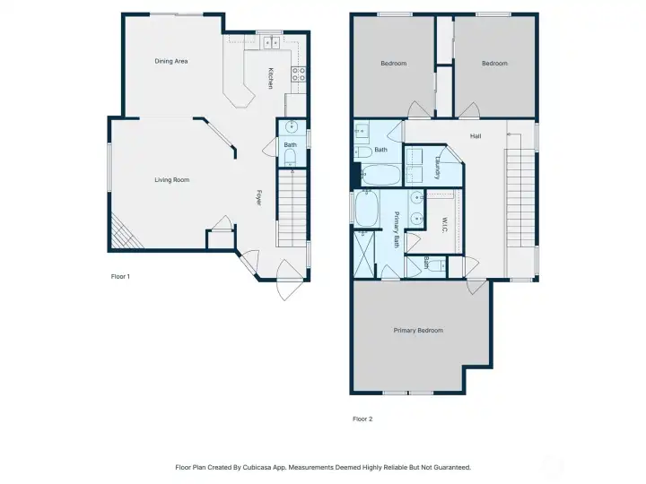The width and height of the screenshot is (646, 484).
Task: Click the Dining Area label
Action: coord(171,61)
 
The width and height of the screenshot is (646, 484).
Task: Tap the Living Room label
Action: coord(171,180)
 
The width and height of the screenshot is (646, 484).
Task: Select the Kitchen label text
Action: coord(271,78)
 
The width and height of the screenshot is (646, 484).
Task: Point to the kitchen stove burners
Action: coord(299,74)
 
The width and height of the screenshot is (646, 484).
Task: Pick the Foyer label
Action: coord(259,197)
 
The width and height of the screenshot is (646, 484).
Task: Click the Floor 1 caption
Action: coord(120,277)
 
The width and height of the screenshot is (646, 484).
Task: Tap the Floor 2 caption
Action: coord(362,419)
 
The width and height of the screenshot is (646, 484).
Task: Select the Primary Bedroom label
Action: coord(418,331)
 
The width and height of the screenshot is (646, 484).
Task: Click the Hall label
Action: coord(476,136)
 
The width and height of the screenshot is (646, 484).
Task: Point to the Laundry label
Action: coord(438,168)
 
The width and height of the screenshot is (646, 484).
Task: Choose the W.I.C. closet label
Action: coord(444,225)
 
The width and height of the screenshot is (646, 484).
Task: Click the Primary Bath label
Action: coord(397,229)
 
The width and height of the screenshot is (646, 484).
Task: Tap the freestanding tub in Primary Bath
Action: coord(366,208)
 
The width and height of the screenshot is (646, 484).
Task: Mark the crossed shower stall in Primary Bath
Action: coord(363,254)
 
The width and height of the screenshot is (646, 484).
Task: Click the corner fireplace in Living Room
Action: coord(124,235)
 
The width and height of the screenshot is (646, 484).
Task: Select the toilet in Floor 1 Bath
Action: coord(290,157)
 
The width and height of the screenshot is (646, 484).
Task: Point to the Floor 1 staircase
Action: coord(292,208)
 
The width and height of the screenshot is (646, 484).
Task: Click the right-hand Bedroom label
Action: coord(494,64)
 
